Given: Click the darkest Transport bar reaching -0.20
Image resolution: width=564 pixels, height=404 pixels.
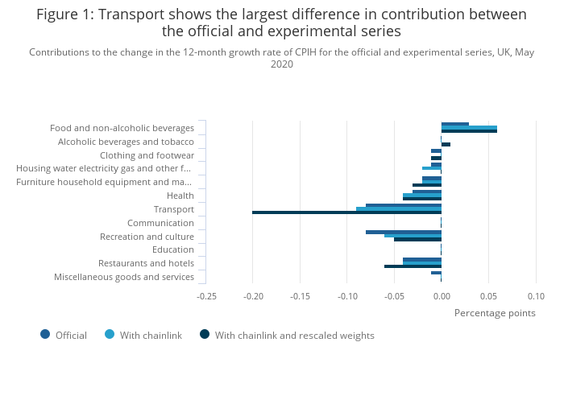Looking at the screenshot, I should click(346, 212).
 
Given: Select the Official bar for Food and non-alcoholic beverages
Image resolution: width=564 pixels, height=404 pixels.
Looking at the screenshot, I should click(455, 124).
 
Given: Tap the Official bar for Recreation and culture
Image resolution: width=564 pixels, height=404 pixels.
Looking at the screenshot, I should click(403, 232).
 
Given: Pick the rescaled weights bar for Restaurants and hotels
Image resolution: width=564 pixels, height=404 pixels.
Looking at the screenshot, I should click(413, 266).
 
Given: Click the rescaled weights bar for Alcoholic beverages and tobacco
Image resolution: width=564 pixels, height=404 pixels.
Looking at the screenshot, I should click(446, 144).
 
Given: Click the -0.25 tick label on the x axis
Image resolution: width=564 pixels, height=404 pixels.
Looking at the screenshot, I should click(206, 296).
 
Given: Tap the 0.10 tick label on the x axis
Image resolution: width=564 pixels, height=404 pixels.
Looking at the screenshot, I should click(536, 296).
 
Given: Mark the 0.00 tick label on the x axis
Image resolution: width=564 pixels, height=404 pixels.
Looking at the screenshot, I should click(442, 296).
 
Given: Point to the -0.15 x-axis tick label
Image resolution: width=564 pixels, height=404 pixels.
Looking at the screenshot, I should click(301, 296).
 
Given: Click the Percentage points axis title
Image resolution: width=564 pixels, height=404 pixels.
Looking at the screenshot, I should click(495, 313).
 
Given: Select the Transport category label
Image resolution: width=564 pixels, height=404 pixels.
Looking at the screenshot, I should click(173, 209).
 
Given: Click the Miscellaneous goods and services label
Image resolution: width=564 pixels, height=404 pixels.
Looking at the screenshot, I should click(124, 277).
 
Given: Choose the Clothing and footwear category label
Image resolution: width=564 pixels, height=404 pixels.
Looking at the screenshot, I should click(147, 155).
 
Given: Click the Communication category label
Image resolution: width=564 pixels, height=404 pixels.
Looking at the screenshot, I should click(160, 223).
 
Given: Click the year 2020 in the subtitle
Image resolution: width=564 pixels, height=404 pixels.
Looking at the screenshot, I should click(282, 64).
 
